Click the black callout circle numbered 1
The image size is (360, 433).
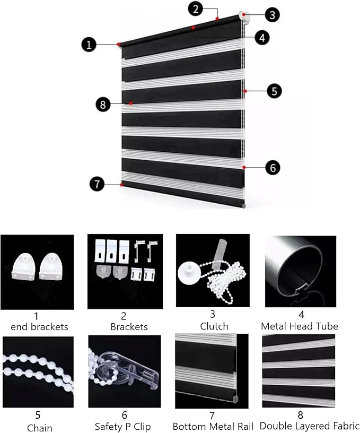(89, 45)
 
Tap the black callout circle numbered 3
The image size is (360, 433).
(273, 15)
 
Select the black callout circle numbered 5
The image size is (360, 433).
(274, 91)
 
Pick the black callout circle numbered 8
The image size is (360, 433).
(103, 105)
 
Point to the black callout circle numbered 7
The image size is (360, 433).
(97, 184)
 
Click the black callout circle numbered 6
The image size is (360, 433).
(273, 167)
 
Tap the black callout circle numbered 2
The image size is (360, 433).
(196, 9)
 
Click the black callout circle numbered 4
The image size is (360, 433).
(262, 37)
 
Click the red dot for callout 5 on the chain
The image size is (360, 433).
(245, 91)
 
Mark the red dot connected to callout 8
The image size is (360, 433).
(131, 103)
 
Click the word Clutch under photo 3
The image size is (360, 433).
(214, 326)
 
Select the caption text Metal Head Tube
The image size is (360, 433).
(300, 326)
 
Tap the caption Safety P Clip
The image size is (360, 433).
(123, 427)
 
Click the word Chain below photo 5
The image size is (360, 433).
(39, 428)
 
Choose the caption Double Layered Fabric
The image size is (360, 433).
(310, 426)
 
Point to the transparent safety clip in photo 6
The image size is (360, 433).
(130, 370)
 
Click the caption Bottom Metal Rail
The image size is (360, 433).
(213, 427)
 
